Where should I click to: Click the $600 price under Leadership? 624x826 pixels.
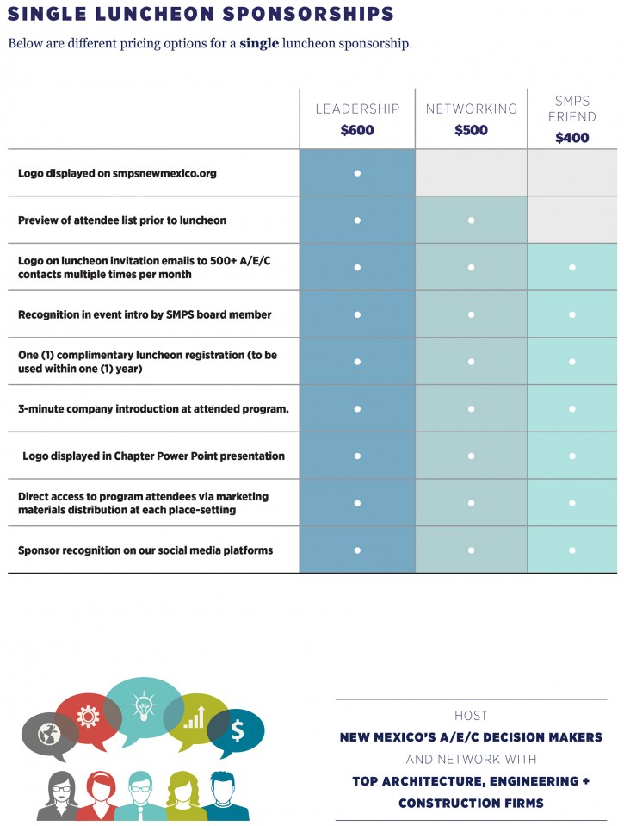point(357,130)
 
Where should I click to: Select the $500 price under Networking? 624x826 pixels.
point(472,130)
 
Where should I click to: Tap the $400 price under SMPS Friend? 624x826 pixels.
point(571,138)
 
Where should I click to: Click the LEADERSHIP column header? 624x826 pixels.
point(357,109)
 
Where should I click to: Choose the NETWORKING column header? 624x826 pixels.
point(472,109)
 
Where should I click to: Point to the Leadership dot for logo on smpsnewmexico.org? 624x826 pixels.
point(357,173)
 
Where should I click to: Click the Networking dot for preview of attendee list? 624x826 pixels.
point(472,220)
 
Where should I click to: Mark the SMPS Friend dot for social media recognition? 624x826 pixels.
point(571,550)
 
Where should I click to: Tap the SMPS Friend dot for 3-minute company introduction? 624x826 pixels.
point(571,409)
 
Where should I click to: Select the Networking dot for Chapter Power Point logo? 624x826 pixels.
point(472,456)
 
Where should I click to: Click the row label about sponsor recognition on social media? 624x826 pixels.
point(145,550)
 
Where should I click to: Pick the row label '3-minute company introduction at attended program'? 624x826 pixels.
point(153,409)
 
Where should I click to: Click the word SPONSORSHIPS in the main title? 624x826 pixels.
point(308,14)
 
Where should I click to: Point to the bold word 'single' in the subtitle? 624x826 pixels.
point(259,43)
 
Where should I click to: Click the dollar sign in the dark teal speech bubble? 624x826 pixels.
point(238,730)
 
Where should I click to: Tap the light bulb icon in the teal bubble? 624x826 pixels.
point(144,707)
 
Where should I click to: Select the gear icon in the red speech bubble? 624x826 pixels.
point(88,717)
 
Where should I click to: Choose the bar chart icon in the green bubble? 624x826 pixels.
point(195,717)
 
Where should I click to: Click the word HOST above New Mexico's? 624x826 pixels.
point(472,716)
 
